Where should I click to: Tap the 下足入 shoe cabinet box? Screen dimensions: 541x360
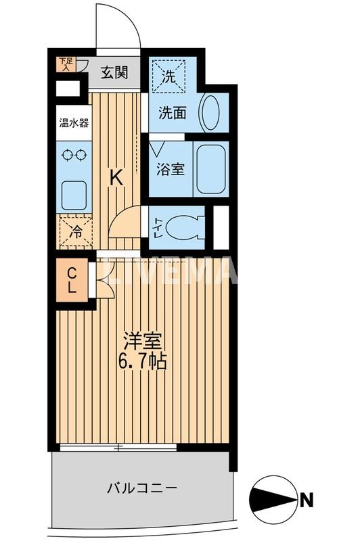[66, 64]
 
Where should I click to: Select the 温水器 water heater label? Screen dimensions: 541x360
[74, 123]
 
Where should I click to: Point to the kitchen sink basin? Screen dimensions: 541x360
[73, 195]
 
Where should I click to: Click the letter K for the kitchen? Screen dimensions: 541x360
[116, 178]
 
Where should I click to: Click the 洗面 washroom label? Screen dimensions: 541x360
[173, 113]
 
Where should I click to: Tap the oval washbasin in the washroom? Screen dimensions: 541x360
[210, 112]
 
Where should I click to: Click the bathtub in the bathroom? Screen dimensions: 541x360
[210, 169]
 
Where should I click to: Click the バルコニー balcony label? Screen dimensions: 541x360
[142, 487]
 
